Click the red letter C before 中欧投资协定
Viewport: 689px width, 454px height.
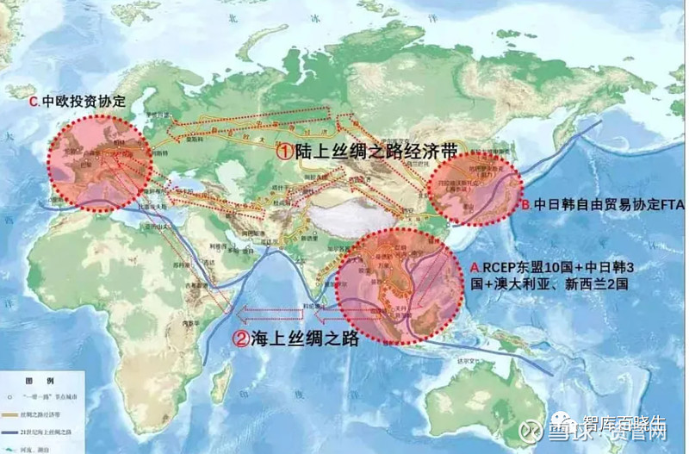pyautogui.click(x=34, y=102)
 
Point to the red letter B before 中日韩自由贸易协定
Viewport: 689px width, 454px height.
pyautogui.click(x=524, y=206)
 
